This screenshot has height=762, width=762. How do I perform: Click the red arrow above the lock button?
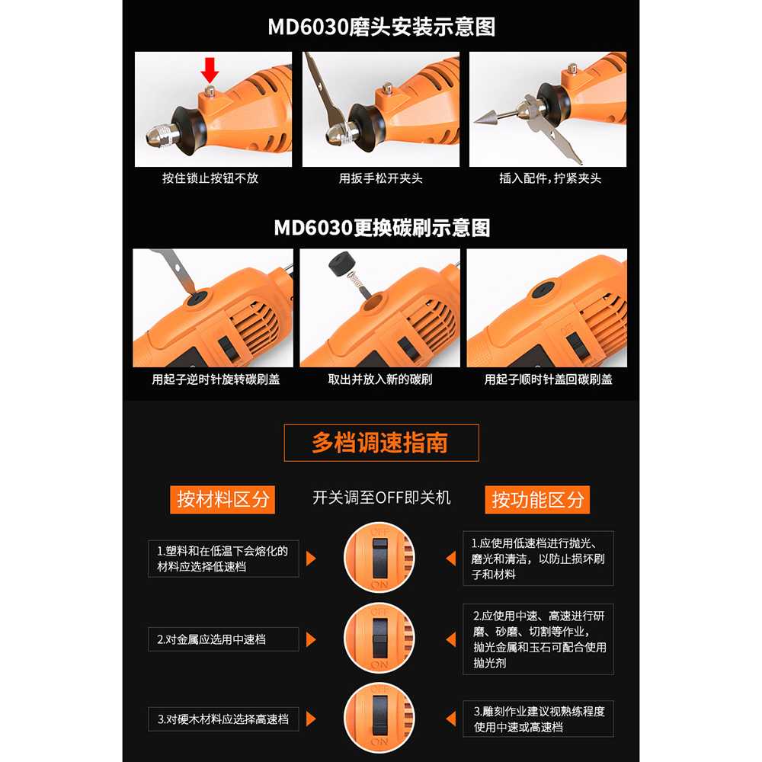tap(210, 70)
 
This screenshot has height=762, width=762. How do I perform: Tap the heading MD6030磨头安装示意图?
tap(382, 27)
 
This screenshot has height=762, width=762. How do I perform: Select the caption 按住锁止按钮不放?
tap(210, 178)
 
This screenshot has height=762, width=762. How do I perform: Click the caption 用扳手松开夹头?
tap(380, 178)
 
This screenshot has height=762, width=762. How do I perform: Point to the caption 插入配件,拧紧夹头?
tap(550, 178)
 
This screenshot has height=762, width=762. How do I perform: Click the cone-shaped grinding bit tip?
tap(488, 117)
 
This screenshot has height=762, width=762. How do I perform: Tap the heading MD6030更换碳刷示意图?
tap(382, 228)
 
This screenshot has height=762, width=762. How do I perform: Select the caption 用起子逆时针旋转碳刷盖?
tap(216, 379)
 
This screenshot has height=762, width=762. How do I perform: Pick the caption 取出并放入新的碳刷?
tap(380, 379)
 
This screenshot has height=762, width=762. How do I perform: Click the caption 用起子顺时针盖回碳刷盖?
tap(548, 379)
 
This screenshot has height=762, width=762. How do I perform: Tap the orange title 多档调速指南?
tap(379, 443)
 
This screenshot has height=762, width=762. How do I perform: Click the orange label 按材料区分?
tap(223, 499)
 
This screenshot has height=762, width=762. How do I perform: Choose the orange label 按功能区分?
tap(537, 499)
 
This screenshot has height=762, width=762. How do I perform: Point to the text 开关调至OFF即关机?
tap(382, 498)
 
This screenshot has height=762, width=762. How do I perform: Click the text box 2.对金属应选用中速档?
tap(223, 639)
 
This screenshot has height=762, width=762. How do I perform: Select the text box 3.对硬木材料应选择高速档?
tap(223, 719)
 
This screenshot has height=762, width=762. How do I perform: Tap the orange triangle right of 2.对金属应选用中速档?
tap(311, 639)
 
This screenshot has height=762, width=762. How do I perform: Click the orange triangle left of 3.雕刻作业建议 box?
tap(451, 719)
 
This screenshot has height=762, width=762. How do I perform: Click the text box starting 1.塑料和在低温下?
tap(223, 559)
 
